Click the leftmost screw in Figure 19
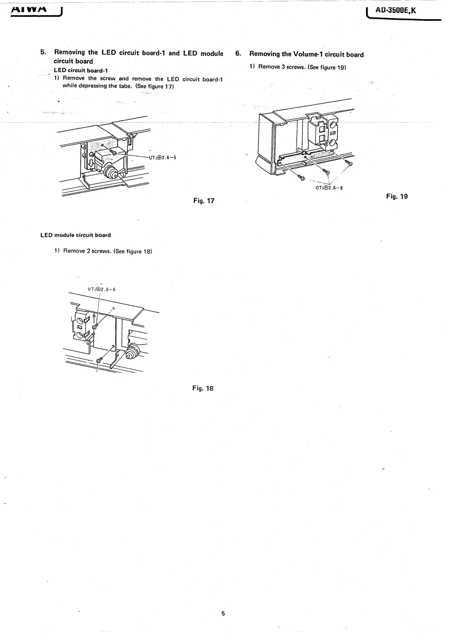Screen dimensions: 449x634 302,177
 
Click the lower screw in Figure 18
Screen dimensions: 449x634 99,359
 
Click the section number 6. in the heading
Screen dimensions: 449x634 238,54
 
